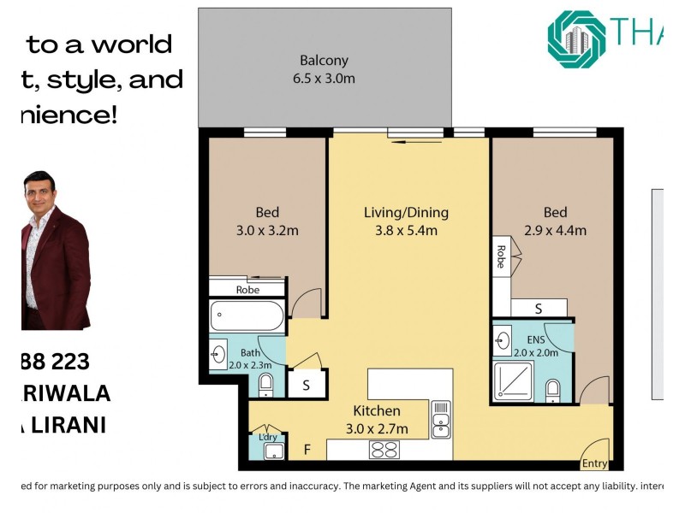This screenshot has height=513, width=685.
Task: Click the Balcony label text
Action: click(325, 61)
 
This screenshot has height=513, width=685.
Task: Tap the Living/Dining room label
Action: click(406, 213)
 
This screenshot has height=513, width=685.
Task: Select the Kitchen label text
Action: click(376, 411)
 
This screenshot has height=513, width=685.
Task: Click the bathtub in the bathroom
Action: click(247, 316)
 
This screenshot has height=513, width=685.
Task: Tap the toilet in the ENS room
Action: click(553, 391)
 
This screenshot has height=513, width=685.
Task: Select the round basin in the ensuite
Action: click(503, 341)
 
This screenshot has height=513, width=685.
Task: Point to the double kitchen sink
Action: click(441, 419)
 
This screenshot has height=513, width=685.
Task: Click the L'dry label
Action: click(268, 438)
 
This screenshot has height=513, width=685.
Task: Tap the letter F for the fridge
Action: click(307, 448)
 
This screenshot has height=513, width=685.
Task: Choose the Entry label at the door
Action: click(594, 464)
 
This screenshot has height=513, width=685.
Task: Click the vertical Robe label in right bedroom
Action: click(500, 257)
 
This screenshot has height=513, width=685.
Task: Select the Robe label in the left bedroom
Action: click(247, 289)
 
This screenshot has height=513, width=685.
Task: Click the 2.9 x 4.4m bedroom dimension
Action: click(555, 230)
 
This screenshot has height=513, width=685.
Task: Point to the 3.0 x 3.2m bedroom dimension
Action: click(267, 230)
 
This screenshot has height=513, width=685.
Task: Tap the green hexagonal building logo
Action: click(576, 36)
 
